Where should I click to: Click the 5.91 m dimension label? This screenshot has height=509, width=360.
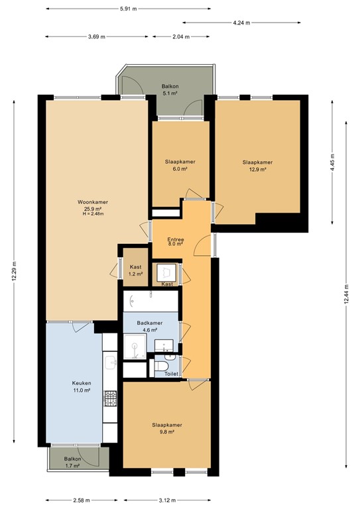129,9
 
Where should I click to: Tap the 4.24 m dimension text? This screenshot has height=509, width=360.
242,23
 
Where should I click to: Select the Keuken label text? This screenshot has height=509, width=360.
82,386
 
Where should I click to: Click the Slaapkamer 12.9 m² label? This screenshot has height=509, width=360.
257,166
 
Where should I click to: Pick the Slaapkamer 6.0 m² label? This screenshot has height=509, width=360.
180,166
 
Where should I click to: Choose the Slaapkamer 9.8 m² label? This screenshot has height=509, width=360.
166,428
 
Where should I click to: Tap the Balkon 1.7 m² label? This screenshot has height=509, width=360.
72,462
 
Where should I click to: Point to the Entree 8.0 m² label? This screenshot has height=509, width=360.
176,241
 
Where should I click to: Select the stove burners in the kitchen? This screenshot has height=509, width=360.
111,400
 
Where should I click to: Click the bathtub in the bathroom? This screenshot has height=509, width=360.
150,302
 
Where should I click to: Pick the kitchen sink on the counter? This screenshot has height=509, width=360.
111,362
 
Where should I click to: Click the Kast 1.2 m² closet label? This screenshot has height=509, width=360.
135,270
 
